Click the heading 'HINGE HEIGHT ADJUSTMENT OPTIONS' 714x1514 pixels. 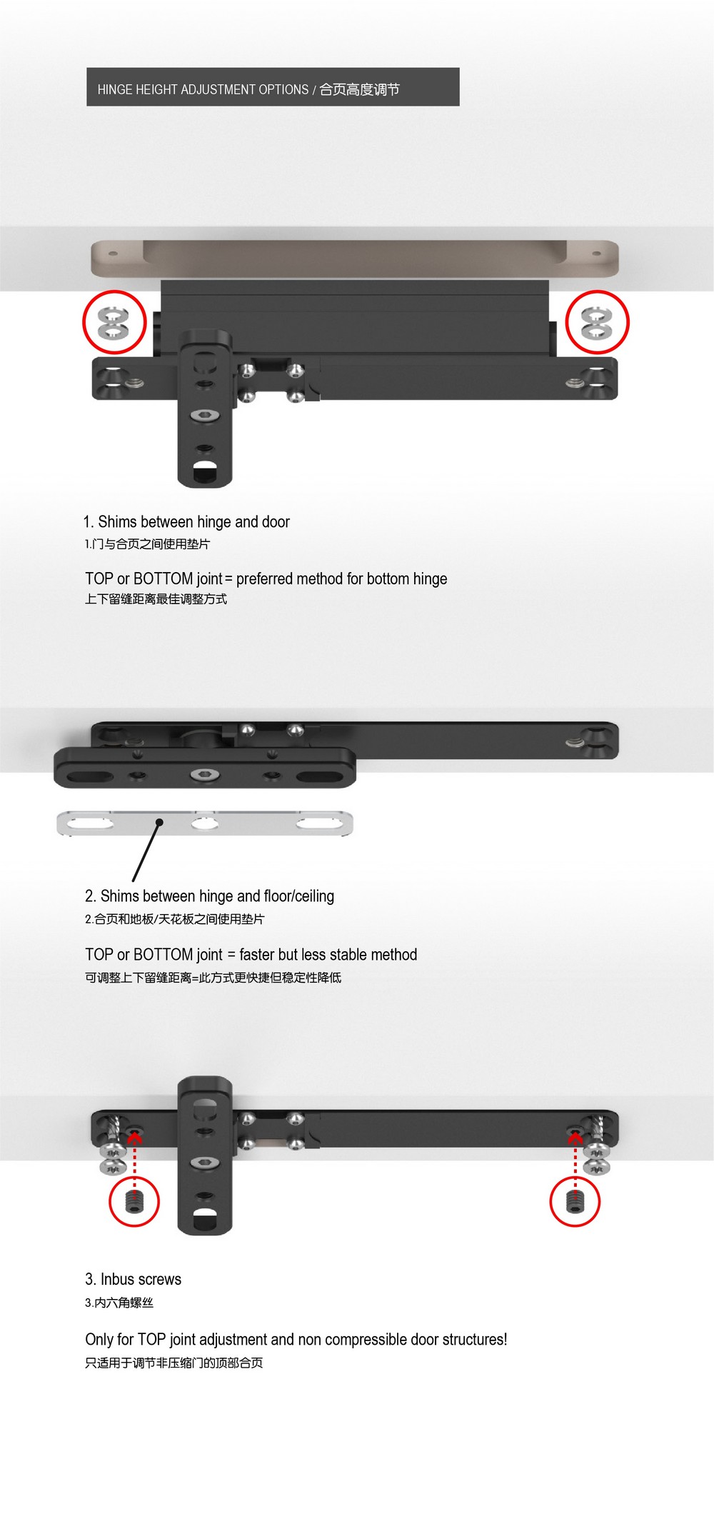[x=203, y=89]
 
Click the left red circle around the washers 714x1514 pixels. [x=85, y=321]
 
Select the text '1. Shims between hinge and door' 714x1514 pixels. [x=186, y=522]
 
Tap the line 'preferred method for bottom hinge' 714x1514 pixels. [x=341, y=578]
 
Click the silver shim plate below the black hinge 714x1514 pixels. [x=205, y=823]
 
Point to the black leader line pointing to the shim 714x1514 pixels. [x=146, y=851]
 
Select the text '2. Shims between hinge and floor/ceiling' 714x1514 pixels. [x=209, y=896]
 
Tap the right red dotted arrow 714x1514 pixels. [x=575, y=1161]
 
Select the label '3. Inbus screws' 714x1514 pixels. [x=133, y=1279]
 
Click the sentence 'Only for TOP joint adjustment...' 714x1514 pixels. [x=296, y=1340]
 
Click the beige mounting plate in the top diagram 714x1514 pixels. [x=354, y=259]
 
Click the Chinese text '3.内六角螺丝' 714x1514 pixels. [x=119, y=1303]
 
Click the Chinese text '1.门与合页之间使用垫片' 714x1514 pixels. [x=147, y=544]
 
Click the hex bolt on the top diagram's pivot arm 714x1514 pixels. [x=205, y=415]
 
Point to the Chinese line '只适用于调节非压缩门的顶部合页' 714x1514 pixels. [x=174, y=1363]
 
